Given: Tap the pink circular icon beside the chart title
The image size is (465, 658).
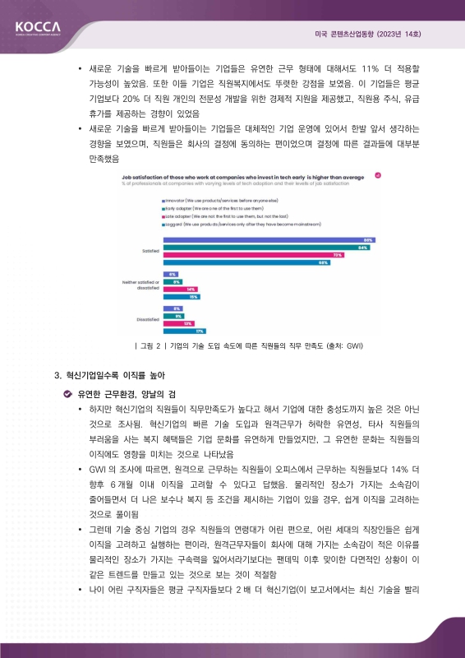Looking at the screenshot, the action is (377, 175).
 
